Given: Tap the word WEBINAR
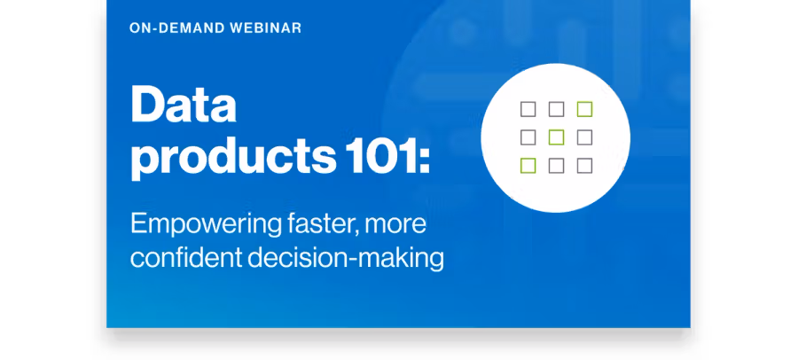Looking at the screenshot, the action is pyautogui.click(x=266, y=28).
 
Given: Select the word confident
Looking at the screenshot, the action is pyautogui.click(x=186, y=258).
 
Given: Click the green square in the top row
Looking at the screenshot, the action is pyautogui.click(x=585, y=109).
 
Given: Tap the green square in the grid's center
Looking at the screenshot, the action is pyautogui.click(x=556, y=137).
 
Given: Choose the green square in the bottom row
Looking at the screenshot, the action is pyautogui.click(x=528, y=166).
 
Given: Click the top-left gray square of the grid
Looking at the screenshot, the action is pyautogui.click(x=528, y=109).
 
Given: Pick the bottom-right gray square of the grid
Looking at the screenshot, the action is pyautogui.click(x=585, y=166).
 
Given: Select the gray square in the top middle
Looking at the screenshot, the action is pyautogui.click(x=556, y=109).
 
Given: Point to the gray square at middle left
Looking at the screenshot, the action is pyautogui.click(x=528, y=137).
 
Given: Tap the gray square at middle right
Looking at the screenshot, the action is pyautogui.click(x=585, y=137).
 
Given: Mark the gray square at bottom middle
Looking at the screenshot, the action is pyautogui.click(x=556, y=166).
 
